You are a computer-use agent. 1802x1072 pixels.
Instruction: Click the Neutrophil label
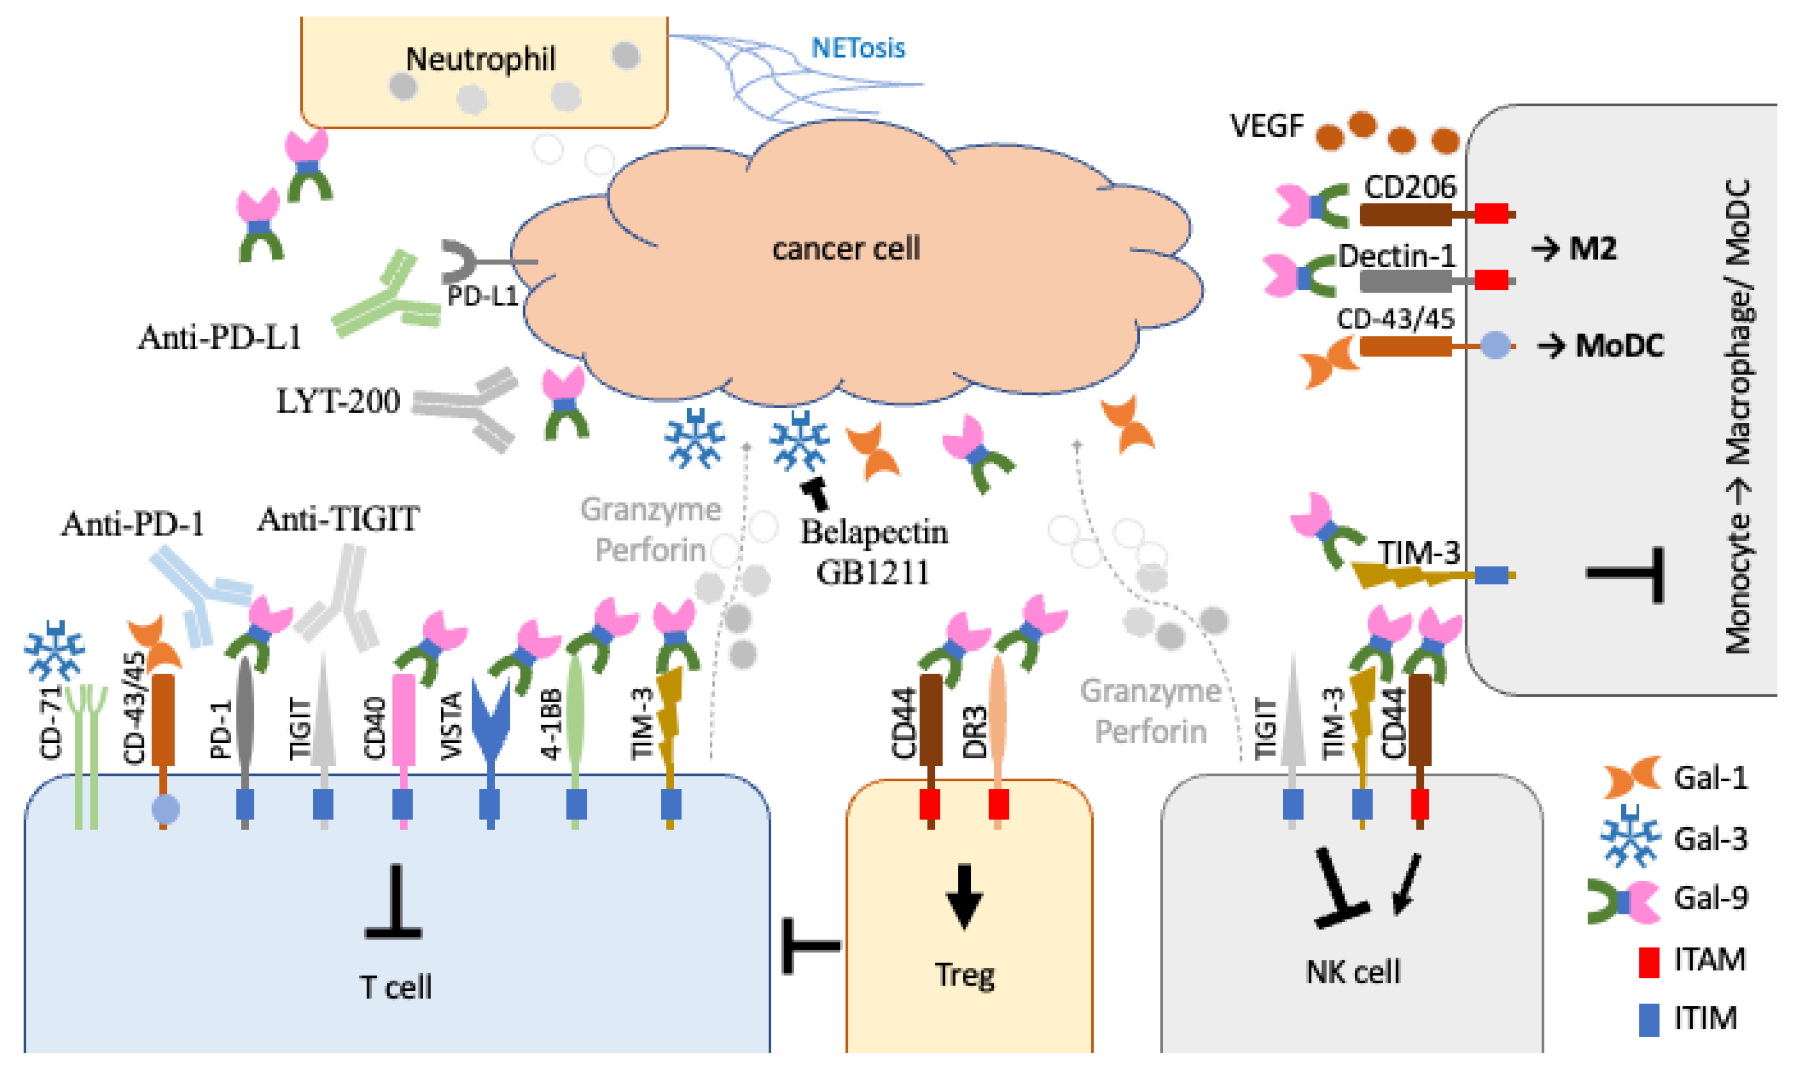tap(481, 59)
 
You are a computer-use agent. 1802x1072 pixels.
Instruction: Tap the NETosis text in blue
tap(857, 49)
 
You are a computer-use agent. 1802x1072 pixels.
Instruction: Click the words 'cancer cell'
tap(846, 249)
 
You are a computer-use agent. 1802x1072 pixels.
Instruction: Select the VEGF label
tap(1267, 127)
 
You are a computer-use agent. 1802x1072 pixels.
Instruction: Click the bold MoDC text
tap(1619, 346)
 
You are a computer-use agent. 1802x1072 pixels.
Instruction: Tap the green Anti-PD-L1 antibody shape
tap(387, 300)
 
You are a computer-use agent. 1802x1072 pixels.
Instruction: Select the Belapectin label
tap(873, 532)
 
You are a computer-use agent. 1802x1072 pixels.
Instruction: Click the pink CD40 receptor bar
tap(403, 719)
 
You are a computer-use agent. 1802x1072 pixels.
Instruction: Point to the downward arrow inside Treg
tap(963, 896)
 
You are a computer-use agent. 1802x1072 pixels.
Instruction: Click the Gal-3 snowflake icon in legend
tap(1629, 837)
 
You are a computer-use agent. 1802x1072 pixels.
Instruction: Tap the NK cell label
tap(1352, 972)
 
